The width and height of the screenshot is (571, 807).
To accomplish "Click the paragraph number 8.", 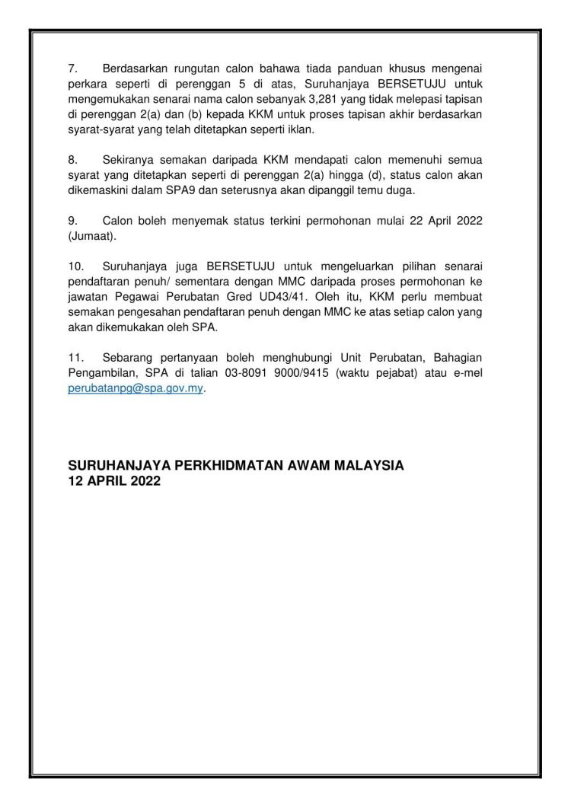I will (73, 161).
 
